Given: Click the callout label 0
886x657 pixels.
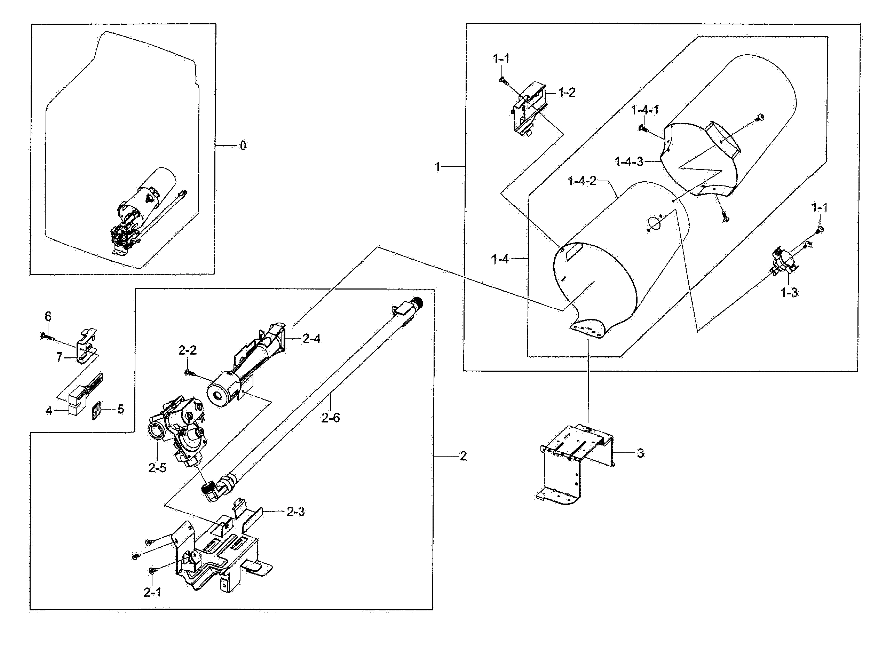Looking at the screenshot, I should (243, 146).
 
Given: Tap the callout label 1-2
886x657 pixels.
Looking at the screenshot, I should (567, 93).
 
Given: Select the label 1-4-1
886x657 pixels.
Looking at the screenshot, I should (644, 110).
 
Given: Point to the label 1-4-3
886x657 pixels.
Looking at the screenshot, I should (629, 161).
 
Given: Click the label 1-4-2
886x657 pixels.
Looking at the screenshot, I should (582, 181).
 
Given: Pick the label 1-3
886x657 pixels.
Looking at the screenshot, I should (789, 293).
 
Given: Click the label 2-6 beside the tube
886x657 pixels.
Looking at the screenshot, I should (331, 418).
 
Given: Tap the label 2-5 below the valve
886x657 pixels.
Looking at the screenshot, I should (157, 468).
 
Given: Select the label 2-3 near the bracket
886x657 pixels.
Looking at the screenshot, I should (295, 512).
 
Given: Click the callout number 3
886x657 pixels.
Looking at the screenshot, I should (640, 453).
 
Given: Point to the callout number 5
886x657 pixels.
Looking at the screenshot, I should (120, 409).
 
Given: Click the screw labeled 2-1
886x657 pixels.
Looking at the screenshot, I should (152, 570).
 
